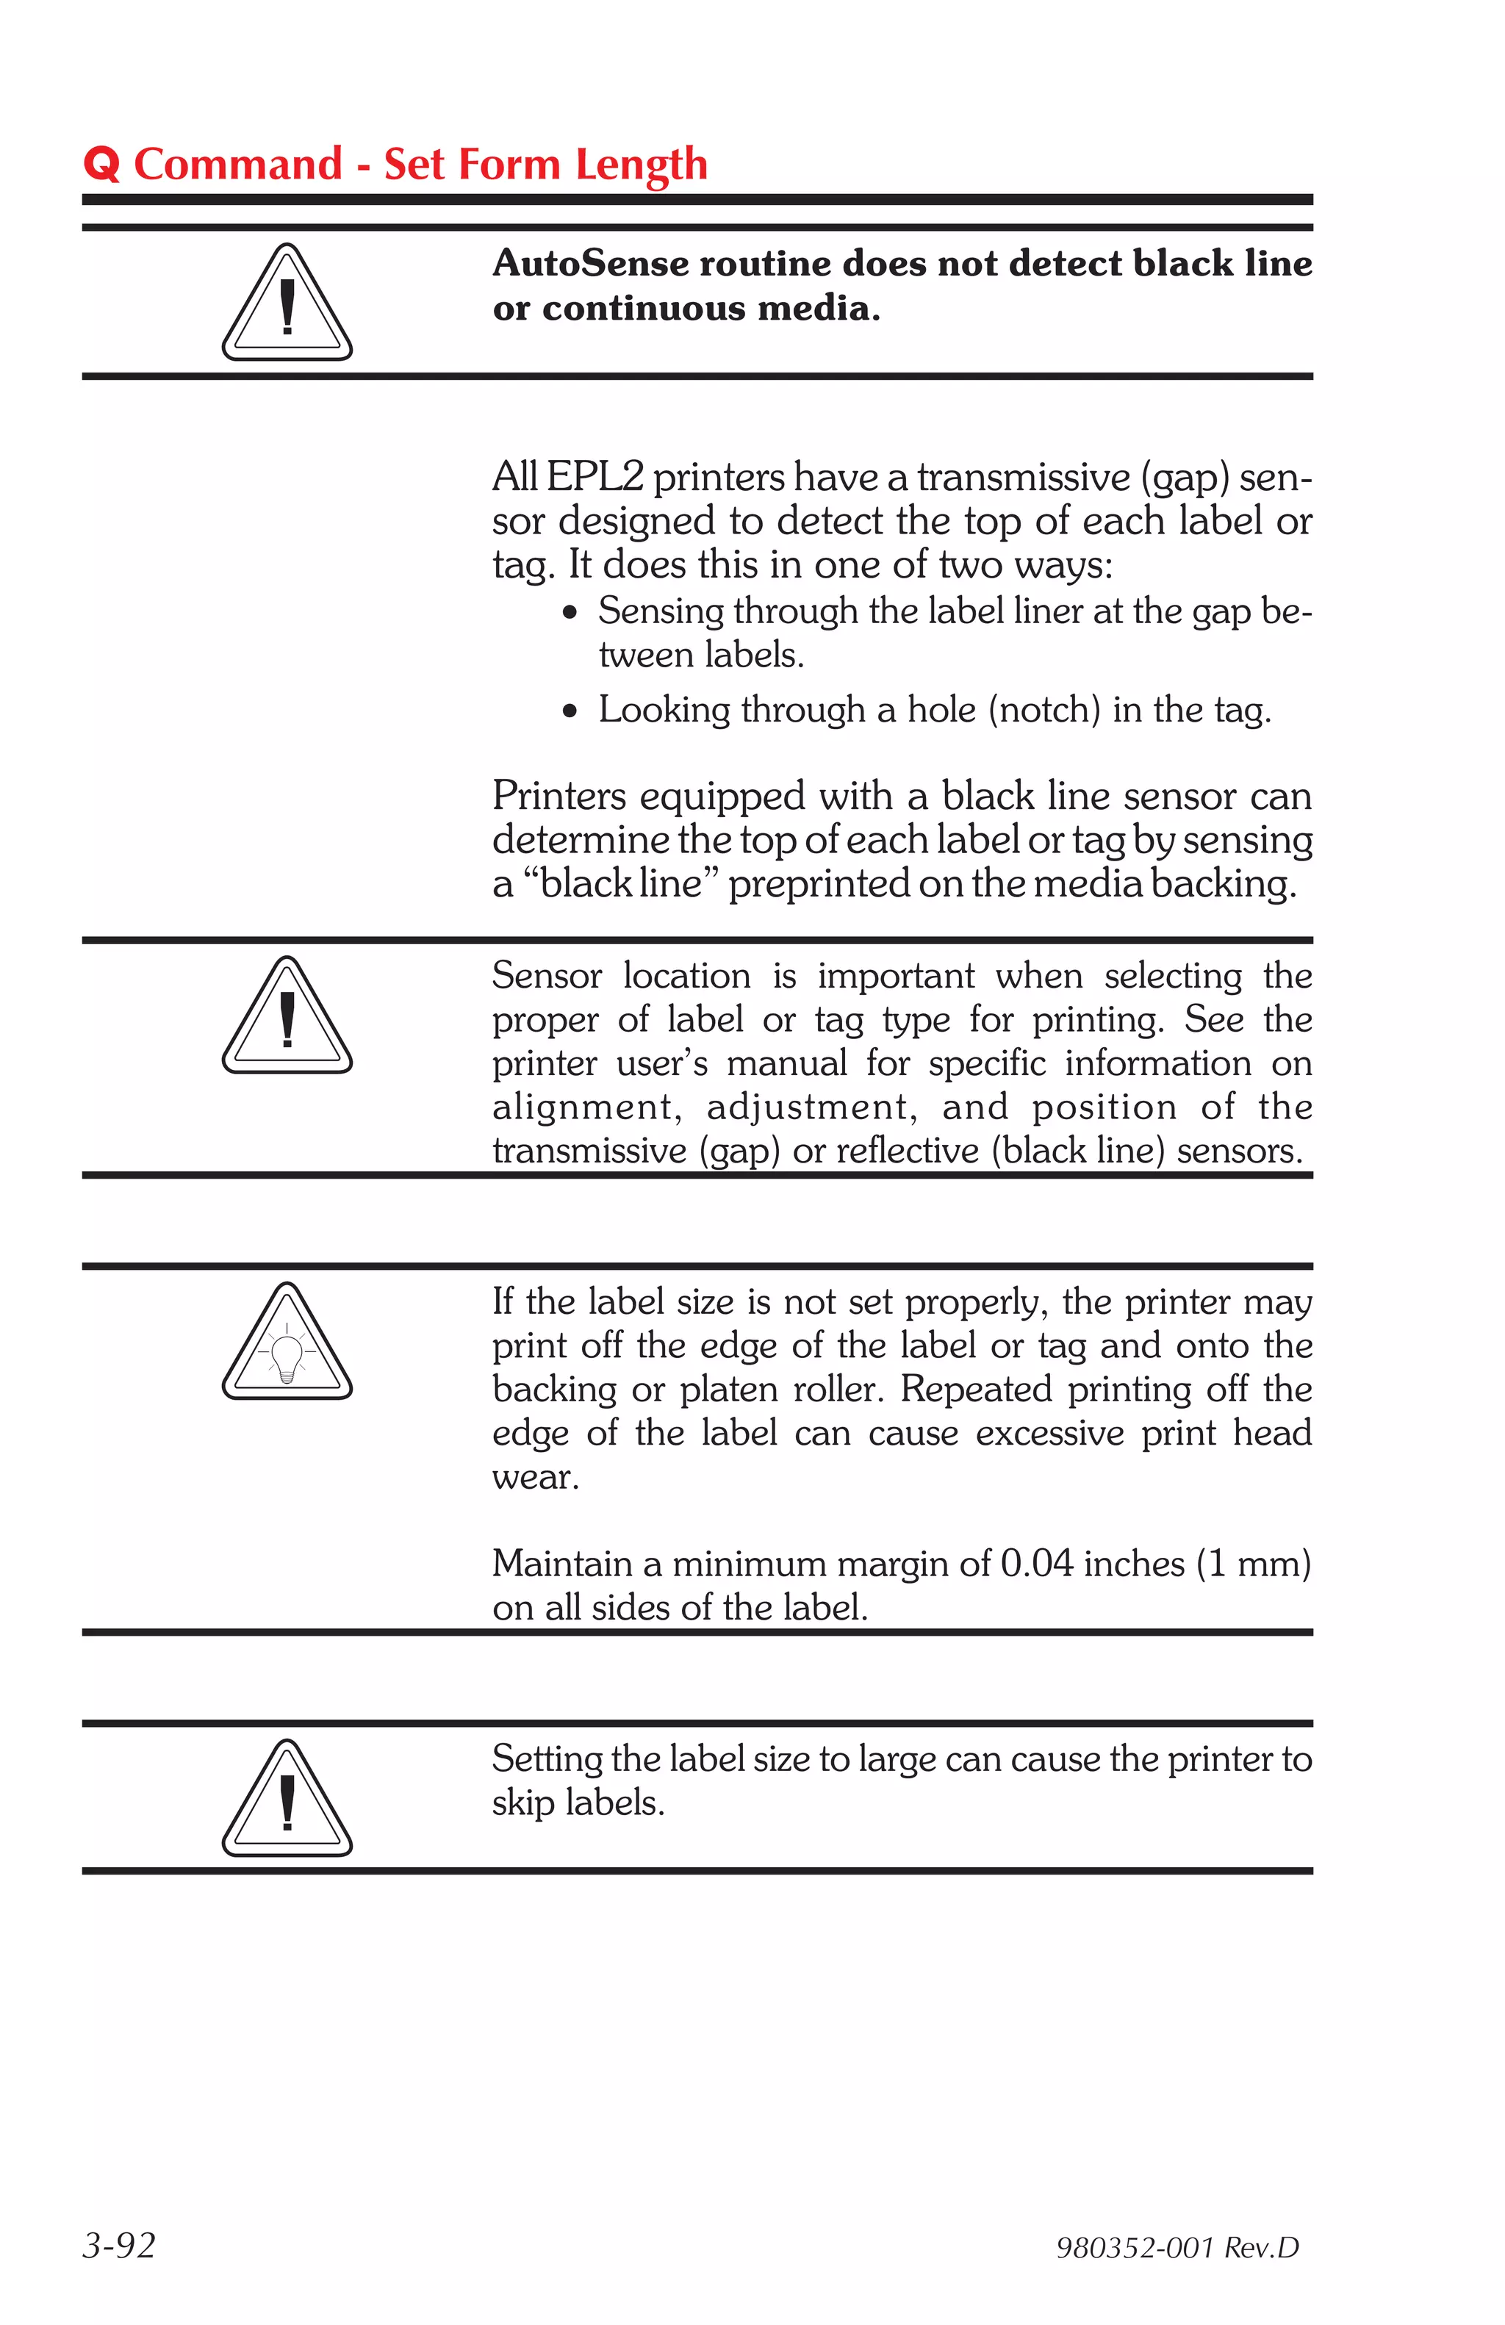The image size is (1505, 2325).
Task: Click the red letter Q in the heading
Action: [101, 164]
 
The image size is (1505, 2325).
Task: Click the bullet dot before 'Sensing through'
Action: [570, 614]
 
